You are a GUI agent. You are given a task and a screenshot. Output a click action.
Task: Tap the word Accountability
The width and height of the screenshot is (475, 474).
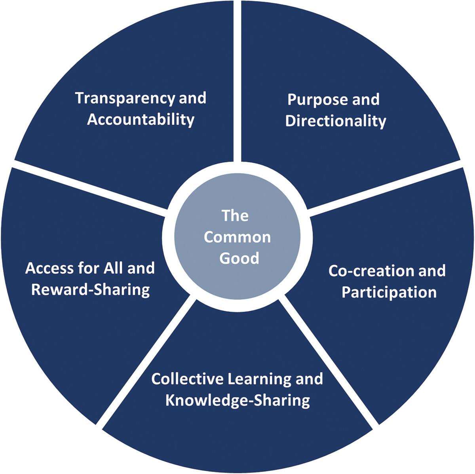(141, 119)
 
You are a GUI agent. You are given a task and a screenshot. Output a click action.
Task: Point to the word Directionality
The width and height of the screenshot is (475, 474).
(335, 121)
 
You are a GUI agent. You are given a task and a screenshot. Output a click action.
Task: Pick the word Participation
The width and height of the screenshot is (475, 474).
(389, 293)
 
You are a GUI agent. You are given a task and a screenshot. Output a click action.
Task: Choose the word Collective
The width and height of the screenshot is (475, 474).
(187, 379)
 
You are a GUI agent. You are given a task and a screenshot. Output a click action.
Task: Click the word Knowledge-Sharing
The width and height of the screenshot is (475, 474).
(237, 400)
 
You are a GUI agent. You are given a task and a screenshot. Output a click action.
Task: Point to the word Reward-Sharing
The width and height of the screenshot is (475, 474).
(90, 290)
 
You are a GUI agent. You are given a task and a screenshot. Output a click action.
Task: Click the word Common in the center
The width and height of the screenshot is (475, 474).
(237, 237)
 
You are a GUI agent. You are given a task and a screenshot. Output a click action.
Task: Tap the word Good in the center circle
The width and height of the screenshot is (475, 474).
(239, 258)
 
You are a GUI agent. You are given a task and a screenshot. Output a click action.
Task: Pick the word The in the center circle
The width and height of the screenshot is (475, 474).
(235, 216)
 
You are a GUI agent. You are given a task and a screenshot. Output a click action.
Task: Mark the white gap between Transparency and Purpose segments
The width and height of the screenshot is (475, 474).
(237, 79)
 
